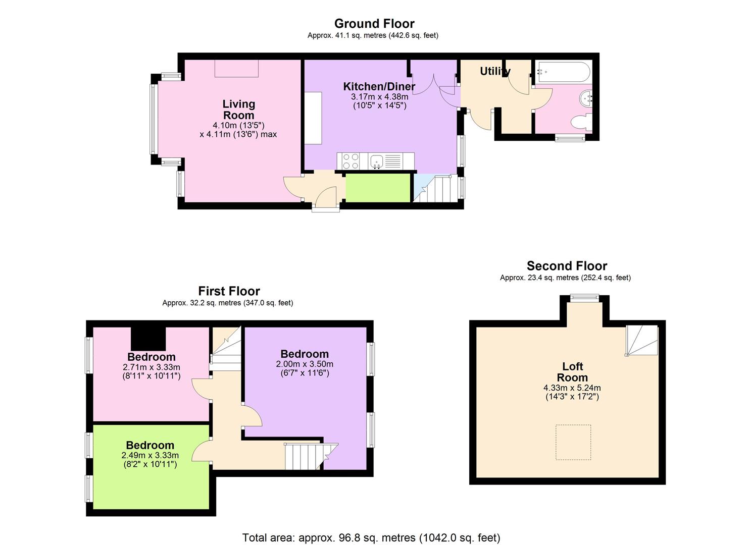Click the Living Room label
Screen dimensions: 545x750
239,110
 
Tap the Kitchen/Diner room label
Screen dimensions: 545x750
379,86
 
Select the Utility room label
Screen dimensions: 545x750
494,71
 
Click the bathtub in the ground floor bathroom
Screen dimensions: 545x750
563,72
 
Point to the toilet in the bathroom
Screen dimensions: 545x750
580,122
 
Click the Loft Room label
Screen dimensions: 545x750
572,372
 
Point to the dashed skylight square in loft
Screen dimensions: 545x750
573,442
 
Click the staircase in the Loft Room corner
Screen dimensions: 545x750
642,340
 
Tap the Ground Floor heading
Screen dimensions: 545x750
374,24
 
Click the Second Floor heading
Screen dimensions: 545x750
567,266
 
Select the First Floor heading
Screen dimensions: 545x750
229,291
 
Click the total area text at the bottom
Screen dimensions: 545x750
371,537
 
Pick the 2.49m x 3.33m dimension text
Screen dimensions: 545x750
150,455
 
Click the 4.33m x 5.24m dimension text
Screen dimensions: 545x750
572,388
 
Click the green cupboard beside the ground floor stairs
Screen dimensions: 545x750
378,188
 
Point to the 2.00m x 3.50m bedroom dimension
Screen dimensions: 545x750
305,364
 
